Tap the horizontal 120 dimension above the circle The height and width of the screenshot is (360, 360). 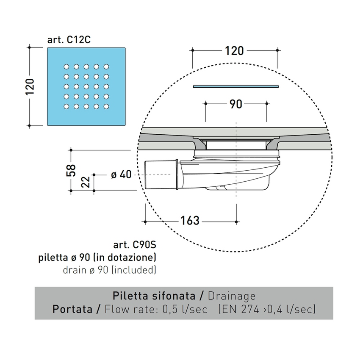point(234,50)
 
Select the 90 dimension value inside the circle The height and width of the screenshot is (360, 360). point(235,104)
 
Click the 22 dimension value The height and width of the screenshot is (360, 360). point(86,183)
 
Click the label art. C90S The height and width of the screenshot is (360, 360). point(135,245)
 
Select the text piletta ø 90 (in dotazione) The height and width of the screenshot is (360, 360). point(98,257)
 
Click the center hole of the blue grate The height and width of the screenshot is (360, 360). point(86,86)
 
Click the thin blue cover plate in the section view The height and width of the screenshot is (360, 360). point(235,86)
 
